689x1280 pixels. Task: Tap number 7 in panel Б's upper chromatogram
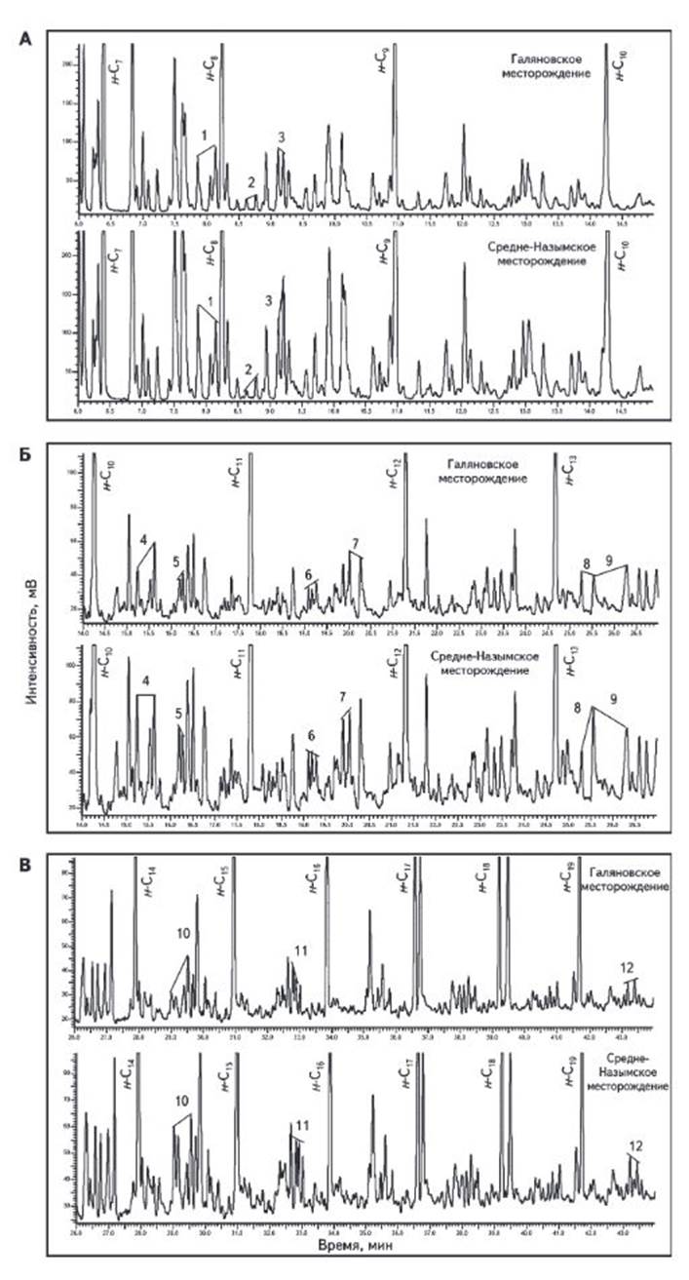356,542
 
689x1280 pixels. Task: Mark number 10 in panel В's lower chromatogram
181,1100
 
